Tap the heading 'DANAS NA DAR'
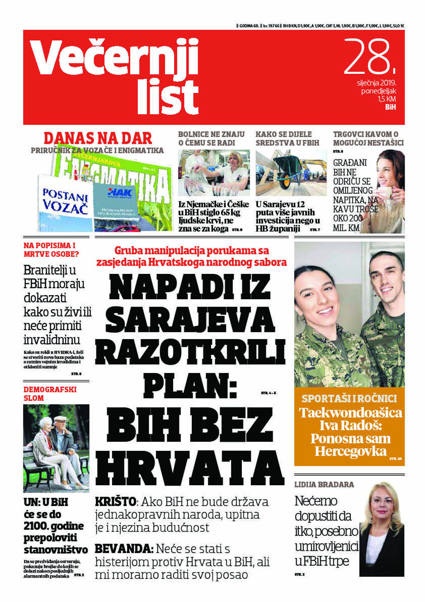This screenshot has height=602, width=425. (x=98, y=138)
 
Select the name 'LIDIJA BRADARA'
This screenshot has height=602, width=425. (x=324, y=484)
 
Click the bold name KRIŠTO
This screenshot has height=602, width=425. (x=115, y=502)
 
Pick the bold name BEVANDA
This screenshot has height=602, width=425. (x=124, y=549)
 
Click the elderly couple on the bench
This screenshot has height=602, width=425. (x=56, y=446)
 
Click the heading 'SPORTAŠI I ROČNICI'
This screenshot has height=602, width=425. (x=349, y=398)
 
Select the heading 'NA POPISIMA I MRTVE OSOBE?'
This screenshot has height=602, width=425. (x=51, y=249)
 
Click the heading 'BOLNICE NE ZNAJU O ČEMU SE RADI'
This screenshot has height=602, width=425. (x=211, y=138)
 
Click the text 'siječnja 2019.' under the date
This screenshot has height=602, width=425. (x=376, y=83)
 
